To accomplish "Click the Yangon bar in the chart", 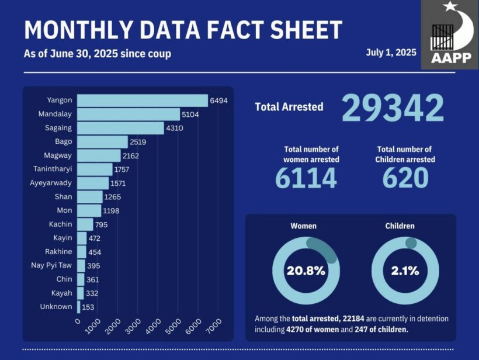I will point(142,101).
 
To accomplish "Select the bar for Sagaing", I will point(120,128).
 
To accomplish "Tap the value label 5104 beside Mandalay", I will point(190,115).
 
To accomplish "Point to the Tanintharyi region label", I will point(53,169).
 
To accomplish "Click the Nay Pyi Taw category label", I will point(51,265).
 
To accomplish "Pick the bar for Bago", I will point(102,142).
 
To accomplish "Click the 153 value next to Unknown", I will point(89,307).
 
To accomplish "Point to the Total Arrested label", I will point(289,107).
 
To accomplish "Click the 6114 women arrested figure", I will point(306,179).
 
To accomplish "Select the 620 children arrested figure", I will point(405,179).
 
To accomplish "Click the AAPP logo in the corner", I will point(449,35).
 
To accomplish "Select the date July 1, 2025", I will point(391,52).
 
